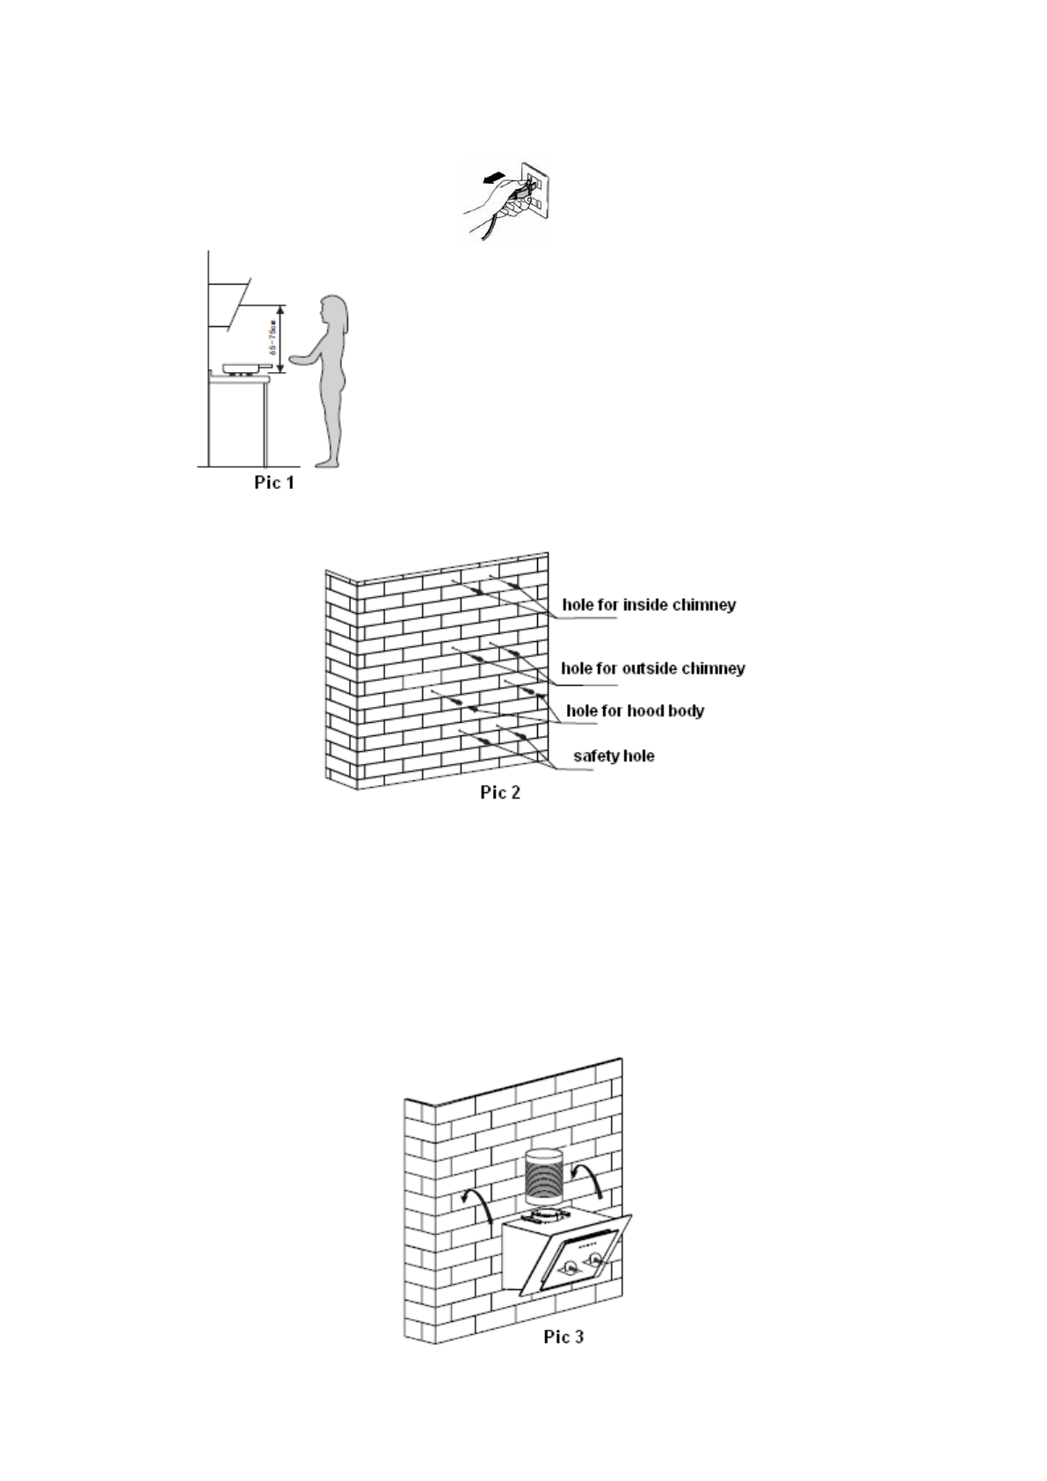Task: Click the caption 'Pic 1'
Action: pyautogui.click(x=274, y=483)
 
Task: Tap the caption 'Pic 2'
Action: pyautogui.click(x=500, y=792)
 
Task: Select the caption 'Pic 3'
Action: pyautogui.click(x=563, y=1337)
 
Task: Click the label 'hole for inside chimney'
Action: pyautogui.click(x=649, y=605)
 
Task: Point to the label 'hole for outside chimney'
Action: pyautogui.click(x=653, y=669)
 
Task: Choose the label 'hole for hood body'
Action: pyautogui.click(x=635, y=711)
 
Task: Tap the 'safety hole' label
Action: pyautogui.click(x=614, y=756)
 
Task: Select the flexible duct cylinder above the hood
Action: pyautogui.click(x=543, y=1176)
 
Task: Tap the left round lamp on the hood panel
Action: pyautogui.click(x=570, y=1268)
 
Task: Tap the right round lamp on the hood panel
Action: pyautogui.click(x=598, y=1259)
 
